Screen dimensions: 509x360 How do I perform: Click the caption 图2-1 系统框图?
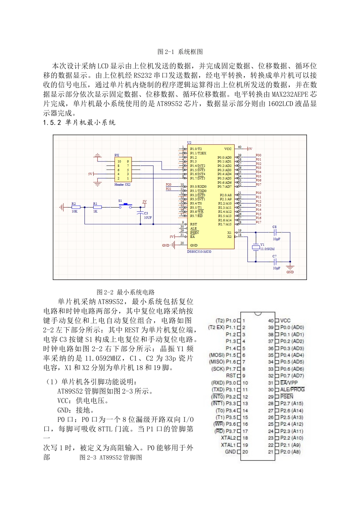(180, 52)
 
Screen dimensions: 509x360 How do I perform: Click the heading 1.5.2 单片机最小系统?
(79, 122)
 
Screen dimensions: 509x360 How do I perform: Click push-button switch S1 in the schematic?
(125, 206)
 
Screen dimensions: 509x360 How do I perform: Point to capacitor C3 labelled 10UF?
(141, 214)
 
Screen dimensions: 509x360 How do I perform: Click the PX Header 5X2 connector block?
(123, 170)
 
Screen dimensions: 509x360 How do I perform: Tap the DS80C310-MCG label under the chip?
(199, 251)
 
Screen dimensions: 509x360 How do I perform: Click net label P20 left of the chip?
(169, 185)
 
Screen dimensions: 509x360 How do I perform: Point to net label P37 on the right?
(258, 185)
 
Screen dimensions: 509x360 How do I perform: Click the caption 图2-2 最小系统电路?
(126, 292)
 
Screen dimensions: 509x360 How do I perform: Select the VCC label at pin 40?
(285, 320)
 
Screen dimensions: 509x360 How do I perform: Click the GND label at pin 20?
(230, 452)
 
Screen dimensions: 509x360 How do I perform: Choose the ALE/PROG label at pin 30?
(292, 389)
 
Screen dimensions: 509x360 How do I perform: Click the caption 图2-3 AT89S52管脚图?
(111, 457)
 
